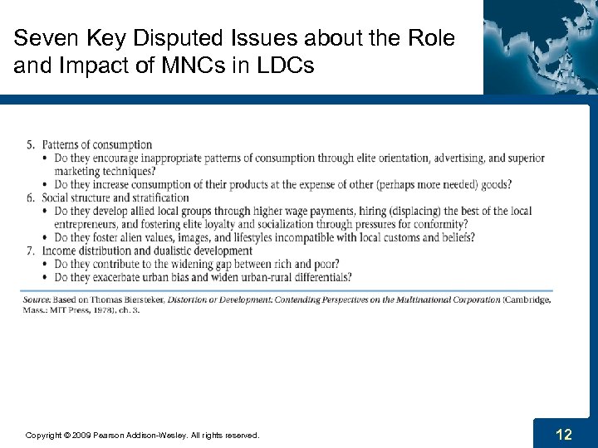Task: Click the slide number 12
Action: click(x=564, y=433)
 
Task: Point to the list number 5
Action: click(x=30, y=145)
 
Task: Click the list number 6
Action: click(x=30, y=197)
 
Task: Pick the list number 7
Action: click(x=30, y=251)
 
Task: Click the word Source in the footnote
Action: click(x=37, y=299)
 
